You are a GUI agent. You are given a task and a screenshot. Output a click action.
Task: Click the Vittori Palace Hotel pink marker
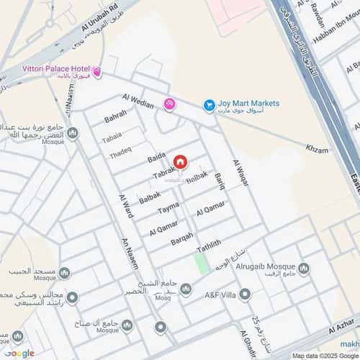click(97, 73)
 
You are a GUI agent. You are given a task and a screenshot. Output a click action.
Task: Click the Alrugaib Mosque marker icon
click(303, 269)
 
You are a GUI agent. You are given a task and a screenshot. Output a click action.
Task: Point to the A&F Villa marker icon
click(245, 294)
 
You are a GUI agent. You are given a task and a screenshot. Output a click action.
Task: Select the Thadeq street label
click(120, 153)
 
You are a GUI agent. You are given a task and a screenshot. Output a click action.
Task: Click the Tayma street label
click(168, 208)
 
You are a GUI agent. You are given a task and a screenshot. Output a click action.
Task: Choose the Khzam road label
click(317, 150)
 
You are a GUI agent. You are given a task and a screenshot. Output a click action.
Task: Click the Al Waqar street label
click(241, 172)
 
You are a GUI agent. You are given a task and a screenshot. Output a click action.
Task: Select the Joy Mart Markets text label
click(250, 104)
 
